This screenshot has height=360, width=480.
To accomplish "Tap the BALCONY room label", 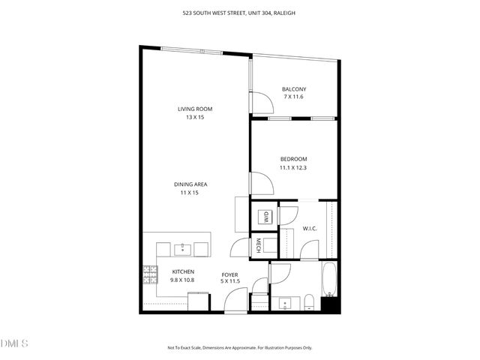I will point(294,89).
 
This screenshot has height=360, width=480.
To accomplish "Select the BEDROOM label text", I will point(294,159).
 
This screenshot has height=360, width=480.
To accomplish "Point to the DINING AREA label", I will point(190,184).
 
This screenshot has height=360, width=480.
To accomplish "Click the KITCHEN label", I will point(183,271).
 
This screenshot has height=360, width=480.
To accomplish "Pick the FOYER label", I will point(229,274).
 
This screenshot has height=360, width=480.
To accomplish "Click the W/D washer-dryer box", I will point(264,217).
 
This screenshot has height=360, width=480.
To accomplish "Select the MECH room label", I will point(257,245).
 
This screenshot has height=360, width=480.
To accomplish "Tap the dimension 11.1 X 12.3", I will point(294,168).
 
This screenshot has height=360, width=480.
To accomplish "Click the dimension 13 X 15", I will point(195,117).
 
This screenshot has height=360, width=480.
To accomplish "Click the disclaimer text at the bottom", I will point(239,348).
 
